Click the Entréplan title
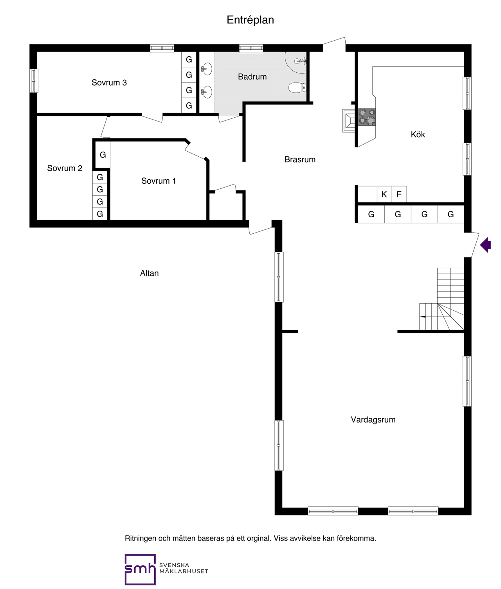click(250, 20)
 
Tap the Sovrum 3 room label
click(109, 82)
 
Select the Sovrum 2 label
click(65, 168)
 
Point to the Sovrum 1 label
click(159, 181)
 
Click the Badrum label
click(252, 77)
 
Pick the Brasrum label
click(300, 159)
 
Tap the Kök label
click(418, 134)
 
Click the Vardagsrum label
click(373, 420)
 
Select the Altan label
click(149, 273)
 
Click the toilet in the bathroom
click(297, 88)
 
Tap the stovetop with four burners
click(367, 117)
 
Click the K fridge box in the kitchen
click(384, 194)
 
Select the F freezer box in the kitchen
click(399, 194)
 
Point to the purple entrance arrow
click(485, 245)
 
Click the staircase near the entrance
click(442, 299)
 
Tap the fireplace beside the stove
click(349, 121)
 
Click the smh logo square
click(140, 569)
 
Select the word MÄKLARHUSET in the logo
click(184, 571)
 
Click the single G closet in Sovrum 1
click(103, 155)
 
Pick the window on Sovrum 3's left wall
click(34, 81)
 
